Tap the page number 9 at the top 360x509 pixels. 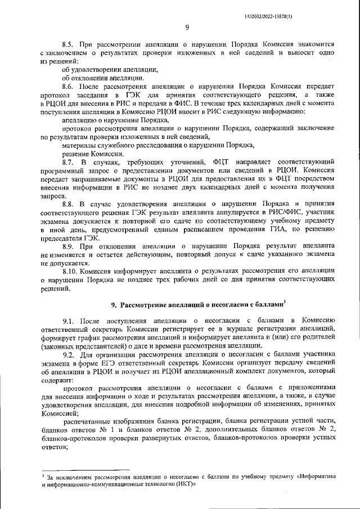point(186,28)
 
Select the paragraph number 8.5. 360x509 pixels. point(68,43)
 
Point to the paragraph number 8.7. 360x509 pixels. point(68,162)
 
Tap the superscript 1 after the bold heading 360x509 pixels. point(285,302)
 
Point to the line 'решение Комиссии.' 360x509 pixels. point(93,154)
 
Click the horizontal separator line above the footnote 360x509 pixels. point(85,470)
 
